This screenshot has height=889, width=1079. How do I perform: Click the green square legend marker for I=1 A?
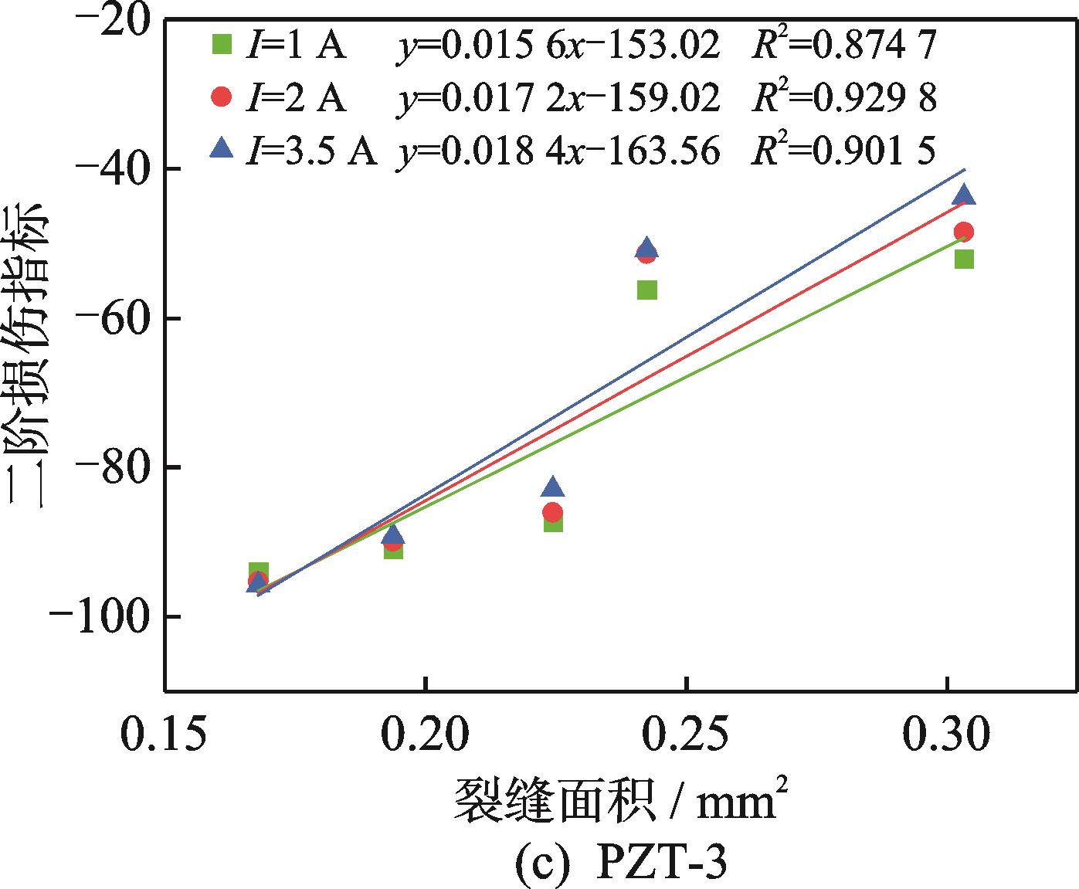222,45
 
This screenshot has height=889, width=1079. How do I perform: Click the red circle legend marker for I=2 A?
222,97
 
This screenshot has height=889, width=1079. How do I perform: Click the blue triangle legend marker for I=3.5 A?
222,148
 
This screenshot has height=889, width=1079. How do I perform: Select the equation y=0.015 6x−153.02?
558,46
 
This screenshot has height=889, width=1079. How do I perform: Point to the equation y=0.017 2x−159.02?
558,98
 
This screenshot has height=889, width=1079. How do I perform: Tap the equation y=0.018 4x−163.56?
558,150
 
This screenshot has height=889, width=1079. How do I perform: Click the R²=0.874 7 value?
844,46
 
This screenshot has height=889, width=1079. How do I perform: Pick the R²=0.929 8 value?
844,98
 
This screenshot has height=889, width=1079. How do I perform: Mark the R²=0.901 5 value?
844,150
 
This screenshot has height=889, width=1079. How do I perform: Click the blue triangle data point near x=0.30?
964,195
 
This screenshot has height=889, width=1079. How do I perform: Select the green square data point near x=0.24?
647,290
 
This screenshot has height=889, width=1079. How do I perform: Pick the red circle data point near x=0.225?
552,512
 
